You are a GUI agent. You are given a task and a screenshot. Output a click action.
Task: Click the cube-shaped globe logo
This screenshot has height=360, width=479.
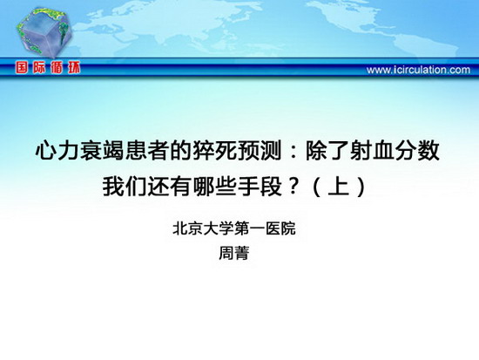click(x=45, y=32)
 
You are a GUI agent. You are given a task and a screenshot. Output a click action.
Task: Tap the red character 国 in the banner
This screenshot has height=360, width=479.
click(x=22, y=68)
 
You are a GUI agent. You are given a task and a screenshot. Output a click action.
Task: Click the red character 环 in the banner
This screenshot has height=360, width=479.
click(x=74, y=68)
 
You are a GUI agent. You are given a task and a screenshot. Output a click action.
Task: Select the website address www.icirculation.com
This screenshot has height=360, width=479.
click(x=418, y=70)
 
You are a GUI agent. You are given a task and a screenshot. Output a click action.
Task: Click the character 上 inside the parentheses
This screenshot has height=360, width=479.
click(x=339, y=187)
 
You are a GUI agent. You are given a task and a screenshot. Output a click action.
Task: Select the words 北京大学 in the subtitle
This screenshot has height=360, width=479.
click(x=203, y=229)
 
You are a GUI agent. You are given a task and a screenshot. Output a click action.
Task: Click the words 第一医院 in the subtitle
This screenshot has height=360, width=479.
click(x=265, y=229)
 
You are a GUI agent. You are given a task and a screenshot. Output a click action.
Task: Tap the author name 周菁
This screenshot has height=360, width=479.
click(x=234, y=254)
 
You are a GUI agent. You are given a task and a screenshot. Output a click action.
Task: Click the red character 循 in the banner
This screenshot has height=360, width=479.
click(x=57, y=68)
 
